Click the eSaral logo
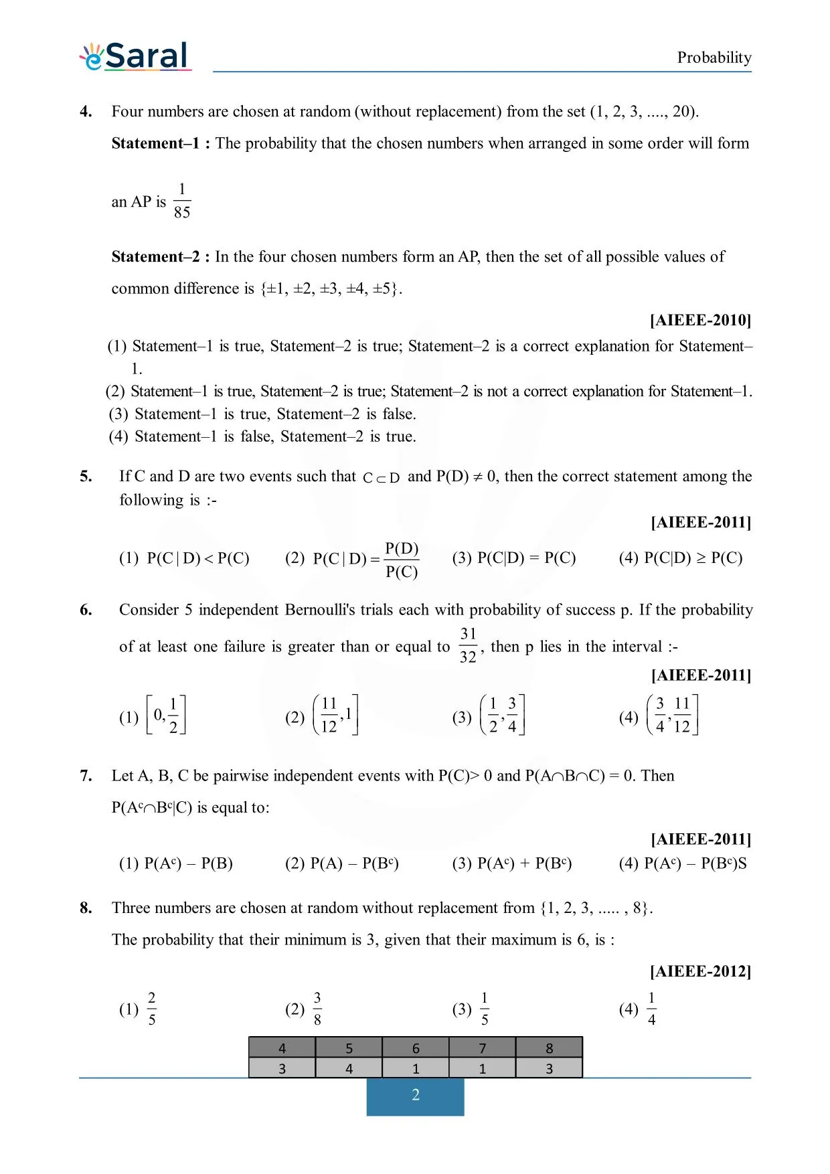136,56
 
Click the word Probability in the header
714,58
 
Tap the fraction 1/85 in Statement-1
181,201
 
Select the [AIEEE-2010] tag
700,320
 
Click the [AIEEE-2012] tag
700,971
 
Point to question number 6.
86,610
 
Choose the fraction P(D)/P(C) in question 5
402,560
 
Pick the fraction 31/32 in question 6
468,645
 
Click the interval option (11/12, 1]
335,716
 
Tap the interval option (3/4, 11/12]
672,716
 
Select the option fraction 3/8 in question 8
317,1009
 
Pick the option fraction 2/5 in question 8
152,1009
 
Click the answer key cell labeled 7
482,1048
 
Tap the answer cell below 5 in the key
349,1068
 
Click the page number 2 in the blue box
415,1095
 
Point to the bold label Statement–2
161,257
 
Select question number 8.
86,908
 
